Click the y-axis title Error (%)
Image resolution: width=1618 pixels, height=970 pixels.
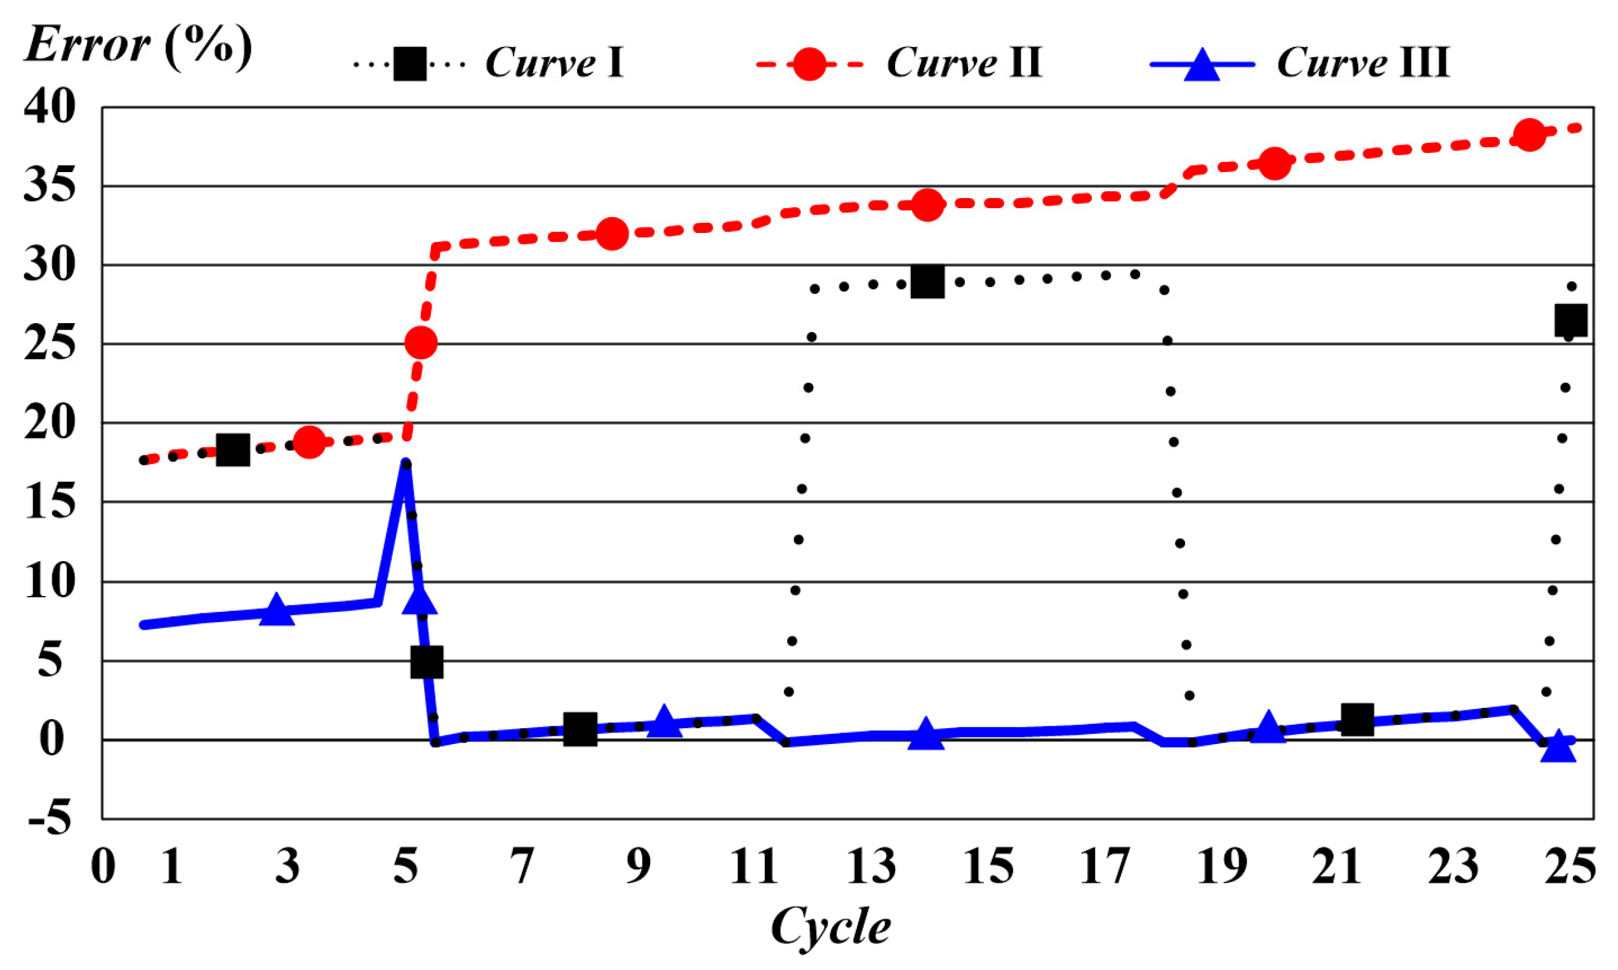(138, 46)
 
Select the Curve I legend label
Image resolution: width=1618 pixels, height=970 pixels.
(554, 63)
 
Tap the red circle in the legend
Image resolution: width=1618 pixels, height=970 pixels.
(809, 64)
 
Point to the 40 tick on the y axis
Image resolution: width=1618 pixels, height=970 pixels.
(50, 107)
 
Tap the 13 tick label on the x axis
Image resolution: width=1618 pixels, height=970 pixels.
(871, 867)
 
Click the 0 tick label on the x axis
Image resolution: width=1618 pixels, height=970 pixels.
(103, 867)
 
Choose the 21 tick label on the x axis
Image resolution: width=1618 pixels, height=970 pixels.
(1336, 867)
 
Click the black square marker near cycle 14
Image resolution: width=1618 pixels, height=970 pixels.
(927, 282)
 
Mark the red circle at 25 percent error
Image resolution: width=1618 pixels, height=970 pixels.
(421, 343)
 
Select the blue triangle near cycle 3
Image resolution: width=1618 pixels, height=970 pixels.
(276, 611)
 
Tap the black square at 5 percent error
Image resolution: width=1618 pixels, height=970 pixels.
(427, 661)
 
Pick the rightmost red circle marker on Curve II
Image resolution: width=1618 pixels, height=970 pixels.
(1529, 135)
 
